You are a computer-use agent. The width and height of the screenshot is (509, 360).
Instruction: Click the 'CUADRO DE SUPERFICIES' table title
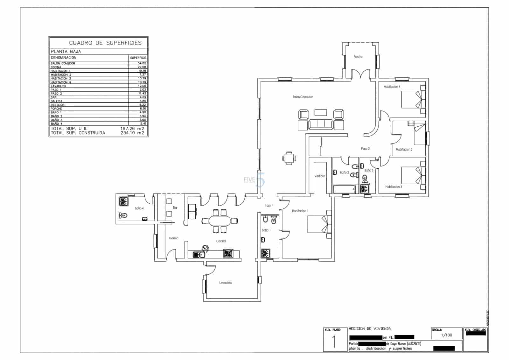coord(105,43)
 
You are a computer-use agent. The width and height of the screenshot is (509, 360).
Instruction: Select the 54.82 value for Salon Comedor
coord(142,63)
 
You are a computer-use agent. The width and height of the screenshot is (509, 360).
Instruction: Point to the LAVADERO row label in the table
coord(58,86)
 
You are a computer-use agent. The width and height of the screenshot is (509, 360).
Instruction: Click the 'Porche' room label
coord(358,57)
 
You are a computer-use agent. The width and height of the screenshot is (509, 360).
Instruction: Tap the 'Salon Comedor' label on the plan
coord(303,97)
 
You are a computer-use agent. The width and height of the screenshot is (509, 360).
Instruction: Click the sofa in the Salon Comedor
coord(321,124)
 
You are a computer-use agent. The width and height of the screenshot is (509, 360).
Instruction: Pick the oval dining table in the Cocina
coord(220,221)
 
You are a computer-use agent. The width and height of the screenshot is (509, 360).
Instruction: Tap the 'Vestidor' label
coord(319,176)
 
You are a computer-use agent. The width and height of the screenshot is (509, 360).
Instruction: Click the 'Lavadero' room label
coord(226,283)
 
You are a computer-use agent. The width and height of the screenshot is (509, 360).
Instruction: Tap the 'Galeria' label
coord(174,238)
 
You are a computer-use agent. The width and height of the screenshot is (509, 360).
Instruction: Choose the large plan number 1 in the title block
coord(334,342)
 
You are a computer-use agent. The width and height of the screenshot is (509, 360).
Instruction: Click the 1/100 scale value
coord(446,335)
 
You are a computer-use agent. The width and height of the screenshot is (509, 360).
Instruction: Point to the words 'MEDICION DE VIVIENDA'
coord(370,328)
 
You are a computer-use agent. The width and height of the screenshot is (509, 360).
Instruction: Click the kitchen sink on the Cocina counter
coord(199,254)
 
